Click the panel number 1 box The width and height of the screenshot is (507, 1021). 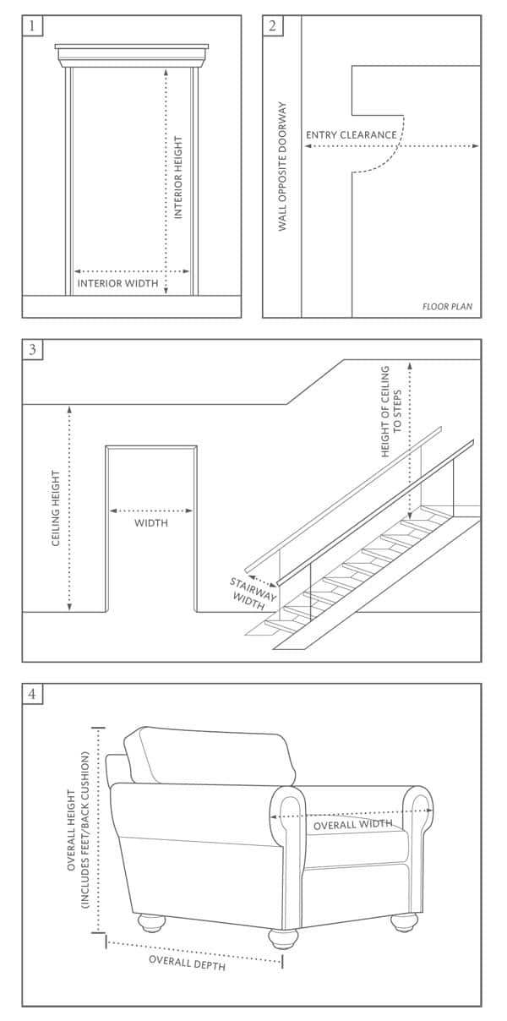(x=32, y=25)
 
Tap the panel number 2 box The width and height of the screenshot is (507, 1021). (x=272, y=25)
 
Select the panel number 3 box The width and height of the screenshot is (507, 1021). (x=32, y=349)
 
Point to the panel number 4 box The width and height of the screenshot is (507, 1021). (x=32, y=694)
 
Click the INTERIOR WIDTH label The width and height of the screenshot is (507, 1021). (x=118, y=283)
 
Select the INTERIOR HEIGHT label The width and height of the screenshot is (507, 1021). (x=178, y=177)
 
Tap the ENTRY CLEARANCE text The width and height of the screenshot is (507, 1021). (x=352, y=135)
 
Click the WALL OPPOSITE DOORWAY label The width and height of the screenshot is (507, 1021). (x=282, y=167)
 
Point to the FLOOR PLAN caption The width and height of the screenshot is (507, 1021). (x=447, y=307)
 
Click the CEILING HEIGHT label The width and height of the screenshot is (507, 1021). (x=56, y=508)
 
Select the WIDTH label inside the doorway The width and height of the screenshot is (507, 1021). (x=151, y=523)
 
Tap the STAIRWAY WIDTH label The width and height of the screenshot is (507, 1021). (x=252, y=594)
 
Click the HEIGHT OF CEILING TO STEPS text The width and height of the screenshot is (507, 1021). (x=391, y=412)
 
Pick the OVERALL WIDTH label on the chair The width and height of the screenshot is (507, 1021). (x=352, y=824)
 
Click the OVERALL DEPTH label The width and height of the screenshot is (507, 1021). (x=188, y=963)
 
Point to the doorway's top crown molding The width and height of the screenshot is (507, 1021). (x=132, y=55)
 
